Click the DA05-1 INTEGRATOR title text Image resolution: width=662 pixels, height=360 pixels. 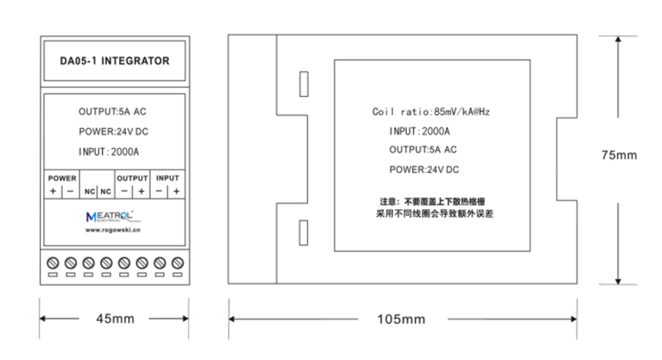pos(114,60)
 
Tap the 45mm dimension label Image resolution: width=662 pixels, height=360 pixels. pos(115,319)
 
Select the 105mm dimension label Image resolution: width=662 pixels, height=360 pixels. pos(401,319)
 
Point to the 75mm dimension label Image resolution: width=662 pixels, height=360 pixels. pos(619,156)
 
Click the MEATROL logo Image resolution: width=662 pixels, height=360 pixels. pos(110,216)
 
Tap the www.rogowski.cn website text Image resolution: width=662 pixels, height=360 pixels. pos(113,230)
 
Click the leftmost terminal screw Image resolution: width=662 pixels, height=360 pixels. pos(53,263)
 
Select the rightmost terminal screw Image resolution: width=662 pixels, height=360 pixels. pos(178,263)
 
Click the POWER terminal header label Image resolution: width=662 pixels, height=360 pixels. pos(62,178)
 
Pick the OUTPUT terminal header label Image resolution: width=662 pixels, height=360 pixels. pos(132,178)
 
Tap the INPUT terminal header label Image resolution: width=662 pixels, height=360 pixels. pos(168,178)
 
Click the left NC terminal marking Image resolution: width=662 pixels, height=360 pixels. pos(89,192)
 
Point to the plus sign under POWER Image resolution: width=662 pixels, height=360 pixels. pos(53,191)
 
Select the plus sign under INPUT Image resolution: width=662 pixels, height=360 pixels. pos(176,191)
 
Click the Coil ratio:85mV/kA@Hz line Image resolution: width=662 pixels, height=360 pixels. pos(431,112)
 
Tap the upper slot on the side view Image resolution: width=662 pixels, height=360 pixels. pos(304,84)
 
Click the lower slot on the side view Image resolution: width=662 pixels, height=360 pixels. pos(304,233)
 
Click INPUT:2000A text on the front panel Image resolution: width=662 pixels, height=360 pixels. pos(108,152)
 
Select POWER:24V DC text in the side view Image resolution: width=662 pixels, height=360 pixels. pos(424,170)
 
